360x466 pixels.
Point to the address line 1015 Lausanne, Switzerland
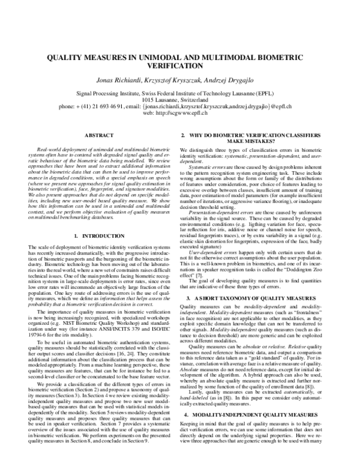(x=180, y=99)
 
